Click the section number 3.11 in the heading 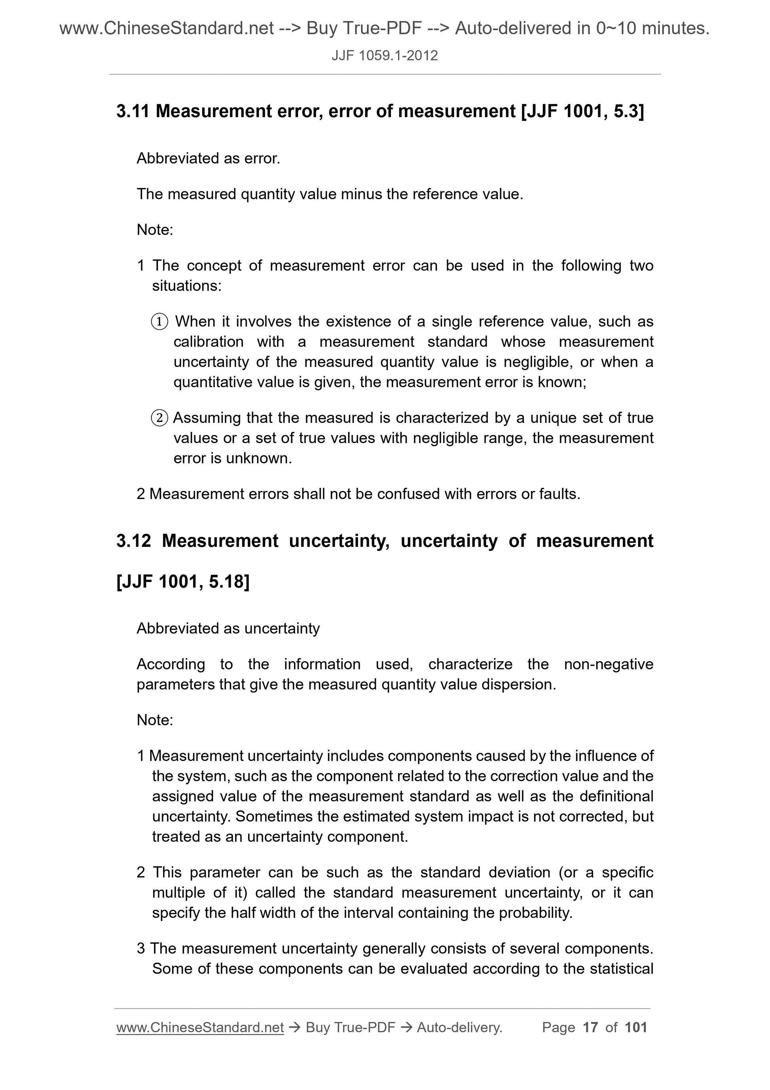[133, 111]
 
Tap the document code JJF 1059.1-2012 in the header [384, 55]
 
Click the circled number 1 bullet [159, 322]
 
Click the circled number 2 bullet [159, 418]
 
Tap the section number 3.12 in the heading [133, 541]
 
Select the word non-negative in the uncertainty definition [608, 664]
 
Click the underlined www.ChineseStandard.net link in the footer [200, 1028]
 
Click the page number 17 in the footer [590, 1028]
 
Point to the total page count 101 [636, 1028]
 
